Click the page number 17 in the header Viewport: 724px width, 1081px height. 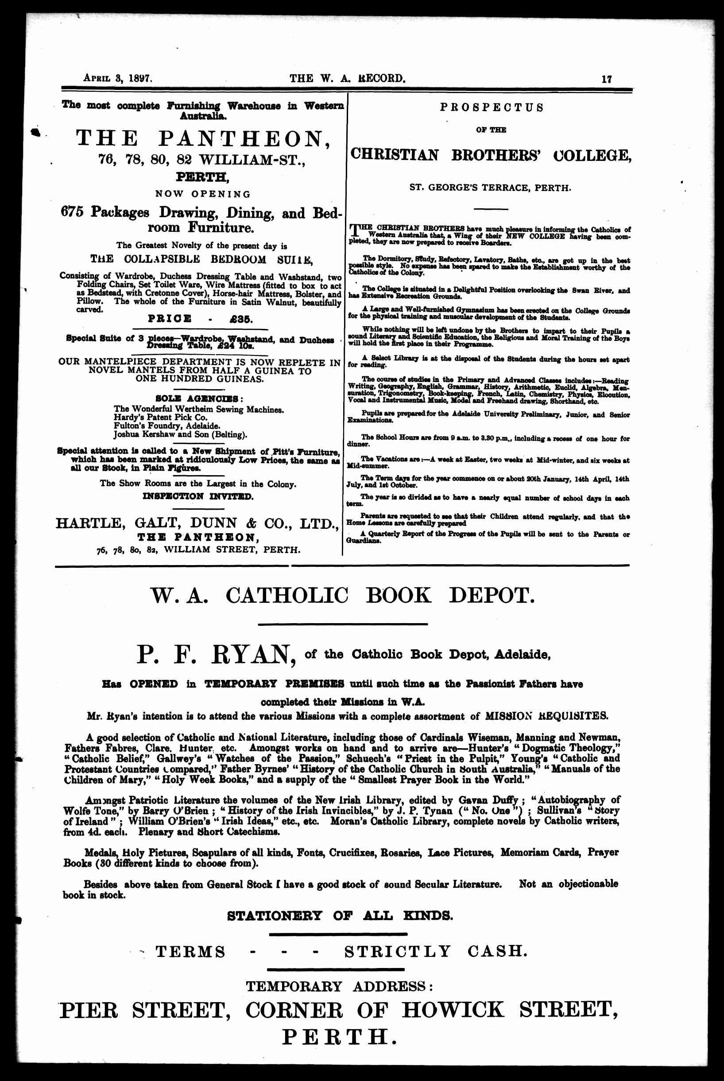tap(607, 78)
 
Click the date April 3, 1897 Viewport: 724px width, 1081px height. tap(117, 78)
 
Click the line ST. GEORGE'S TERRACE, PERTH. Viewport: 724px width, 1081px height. tap(490, 188)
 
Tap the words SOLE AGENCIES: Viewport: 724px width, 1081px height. tap(199, 398)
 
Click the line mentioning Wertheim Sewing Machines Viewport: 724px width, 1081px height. tap(198, 410)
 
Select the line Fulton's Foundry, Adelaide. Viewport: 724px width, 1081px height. tap(166, 426)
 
